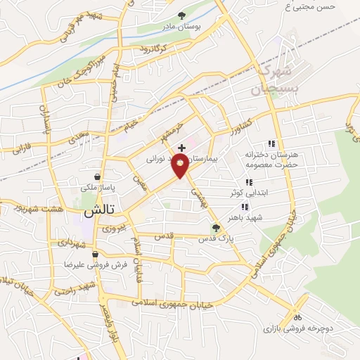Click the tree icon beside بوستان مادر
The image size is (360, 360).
tap(181, 15)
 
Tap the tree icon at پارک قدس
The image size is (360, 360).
tap(217, 227)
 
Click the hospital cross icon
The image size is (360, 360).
tap(182, 148)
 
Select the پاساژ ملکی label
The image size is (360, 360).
tap(99, 188)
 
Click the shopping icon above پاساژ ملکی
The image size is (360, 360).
tap(97, 176)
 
